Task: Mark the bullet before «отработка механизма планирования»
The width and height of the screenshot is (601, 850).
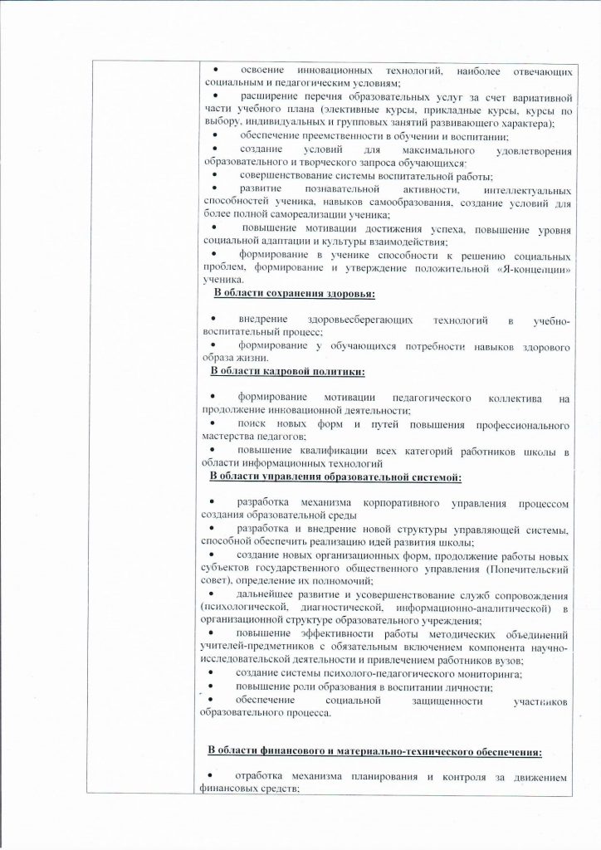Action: [x=213, y=778]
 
